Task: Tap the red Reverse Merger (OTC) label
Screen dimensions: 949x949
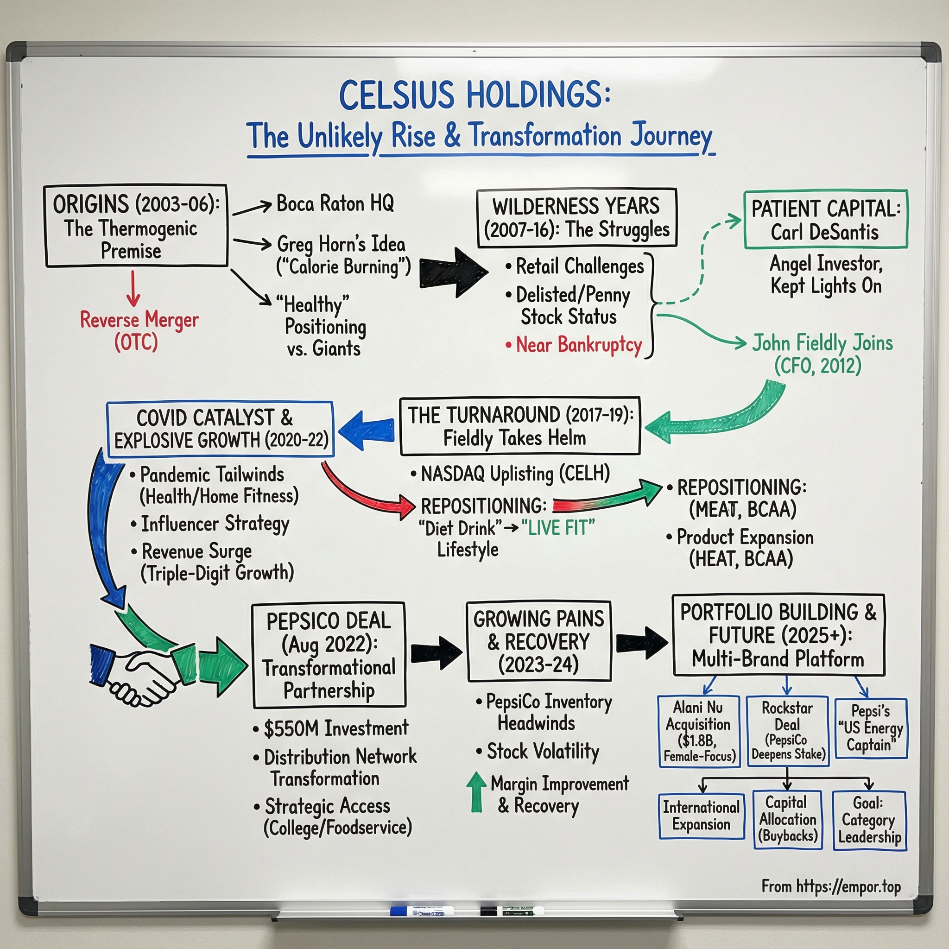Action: point(139,330)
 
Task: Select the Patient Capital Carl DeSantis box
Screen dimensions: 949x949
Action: point(825,220)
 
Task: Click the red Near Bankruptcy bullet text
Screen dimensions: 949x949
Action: point(578,345)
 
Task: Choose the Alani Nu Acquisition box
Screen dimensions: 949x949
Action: point(698,731)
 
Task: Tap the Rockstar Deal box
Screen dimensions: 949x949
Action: point(787,731)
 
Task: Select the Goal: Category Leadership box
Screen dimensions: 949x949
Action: point(869,820)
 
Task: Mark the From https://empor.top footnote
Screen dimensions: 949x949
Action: point(831,886)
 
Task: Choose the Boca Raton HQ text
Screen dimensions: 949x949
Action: point(335,203)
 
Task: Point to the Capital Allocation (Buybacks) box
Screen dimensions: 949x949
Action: point(787,819)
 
